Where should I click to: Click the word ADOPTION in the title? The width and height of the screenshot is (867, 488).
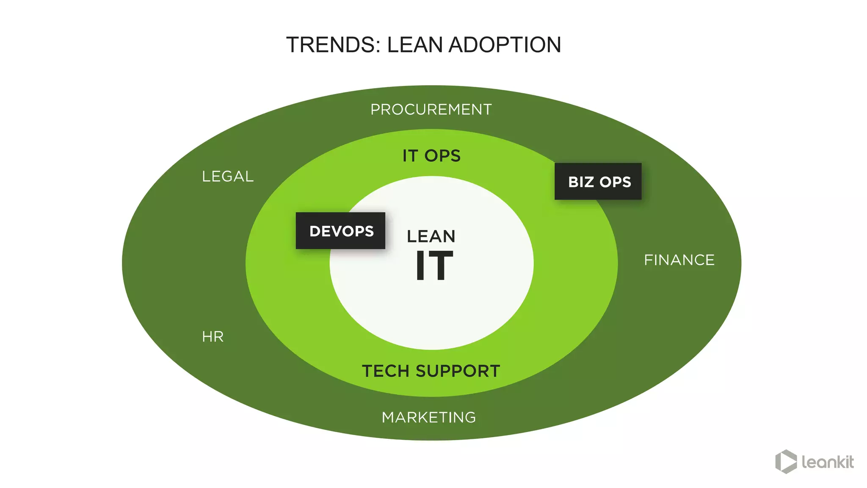[x=505, y=45]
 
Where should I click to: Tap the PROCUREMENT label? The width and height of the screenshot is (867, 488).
[x=431, y=110]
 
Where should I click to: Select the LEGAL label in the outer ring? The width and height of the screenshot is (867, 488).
[x=228, y=177]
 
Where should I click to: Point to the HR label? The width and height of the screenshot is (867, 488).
[x=213, y=337]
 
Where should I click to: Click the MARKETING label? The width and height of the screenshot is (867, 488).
[x=429, y=418]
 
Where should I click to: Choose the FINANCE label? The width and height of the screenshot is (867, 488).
[x=679, y=260]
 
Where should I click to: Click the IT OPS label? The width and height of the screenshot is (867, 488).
[x=431, y=156]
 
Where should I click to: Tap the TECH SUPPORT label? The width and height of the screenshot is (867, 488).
[x=431, y=371]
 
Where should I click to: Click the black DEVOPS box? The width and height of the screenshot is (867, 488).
[x=340, y=231]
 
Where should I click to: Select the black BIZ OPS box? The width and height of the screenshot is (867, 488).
[x=598, y=182]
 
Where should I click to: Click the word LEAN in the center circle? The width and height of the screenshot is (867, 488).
[x=431, y=236]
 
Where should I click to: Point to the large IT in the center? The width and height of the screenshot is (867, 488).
[x=434, y=266]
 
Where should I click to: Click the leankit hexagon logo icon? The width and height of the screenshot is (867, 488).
[x=786, y=461]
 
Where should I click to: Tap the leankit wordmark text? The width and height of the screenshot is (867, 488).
[x=827, y=462]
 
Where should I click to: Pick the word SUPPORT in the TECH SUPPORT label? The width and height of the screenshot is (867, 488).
[x=458, y=371]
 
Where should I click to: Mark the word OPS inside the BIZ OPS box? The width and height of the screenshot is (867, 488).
[x=615, y=182]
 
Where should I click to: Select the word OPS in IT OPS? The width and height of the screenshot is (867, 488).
[x=442, y=156]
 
